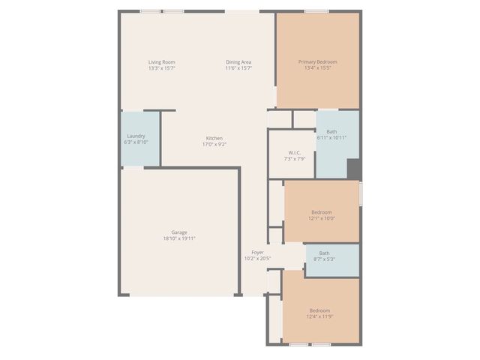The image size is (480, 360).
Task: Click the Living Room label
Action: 161,61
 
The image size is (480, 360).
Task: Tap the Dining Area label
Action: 238,61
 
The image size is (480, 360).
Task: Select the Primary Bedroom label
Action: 317,61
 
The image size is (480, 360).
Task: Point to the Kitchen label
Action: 214,138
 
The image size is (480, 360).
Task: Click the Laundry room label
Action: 136,136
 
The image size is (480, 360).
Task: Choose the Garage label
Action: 179,232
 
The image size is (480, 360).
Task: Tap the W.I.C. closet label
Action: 293,152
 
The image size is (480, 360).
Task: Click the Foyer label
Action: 257,253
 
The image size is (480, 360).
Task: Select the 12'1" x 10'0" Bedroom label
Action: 321,212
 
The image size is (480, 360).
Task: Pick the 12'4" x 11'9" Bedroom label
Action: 319,310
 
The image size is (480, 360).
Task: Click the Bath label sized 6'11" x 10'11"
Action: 331,132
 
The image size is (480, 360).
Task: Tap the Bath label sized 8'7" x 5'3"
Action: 324,253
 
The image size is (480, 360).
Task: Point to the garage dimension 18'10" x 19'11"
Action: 179,239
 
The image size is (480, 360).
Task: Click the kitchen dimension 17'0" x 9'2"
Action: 214,145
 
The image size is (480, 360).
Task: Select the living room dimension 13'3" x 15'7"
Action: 161,68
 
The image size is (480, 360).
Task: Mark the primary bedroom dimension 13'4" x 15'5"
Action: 317,68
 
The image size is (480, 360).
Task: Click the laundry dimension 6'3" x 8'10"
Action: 136,142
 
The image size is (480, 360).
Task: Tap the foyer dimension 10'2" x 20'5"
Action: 257,259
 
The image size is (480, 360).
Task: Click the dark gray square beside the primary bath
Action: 354,169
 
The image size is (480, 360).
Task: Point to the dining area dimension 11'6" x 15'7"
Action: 238,68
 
